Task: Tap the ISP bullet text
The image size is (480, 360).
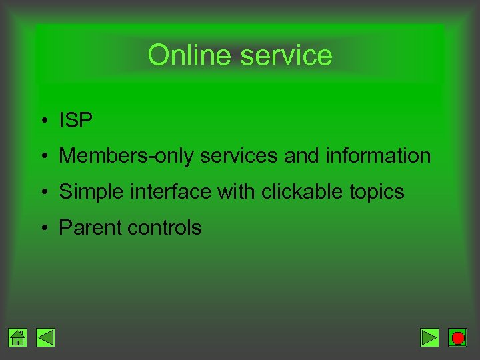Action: click(x=75, y=120)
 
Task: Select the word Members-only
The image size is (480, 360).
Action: click(x=127, y=156)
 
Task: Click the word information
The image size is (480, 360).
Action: click(x=378, y=156)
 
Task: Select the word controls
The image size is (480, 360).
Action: click(x=164, y=228)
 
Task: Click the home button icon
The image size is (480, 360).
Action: click(x=18, y=338)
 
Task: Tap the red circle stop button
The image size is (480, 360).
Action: click(x=457, y=338)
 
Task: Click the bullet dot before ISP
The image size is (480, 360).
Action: click(x=42, y=121)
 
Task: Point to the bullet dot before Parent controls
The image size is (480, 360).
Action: click(x=42, y=229)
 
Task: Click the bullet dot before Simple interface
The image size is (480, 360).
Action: click(x=42, y=193)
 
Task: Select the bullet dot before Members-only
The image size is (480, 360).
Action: click(x=42, y=157)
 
